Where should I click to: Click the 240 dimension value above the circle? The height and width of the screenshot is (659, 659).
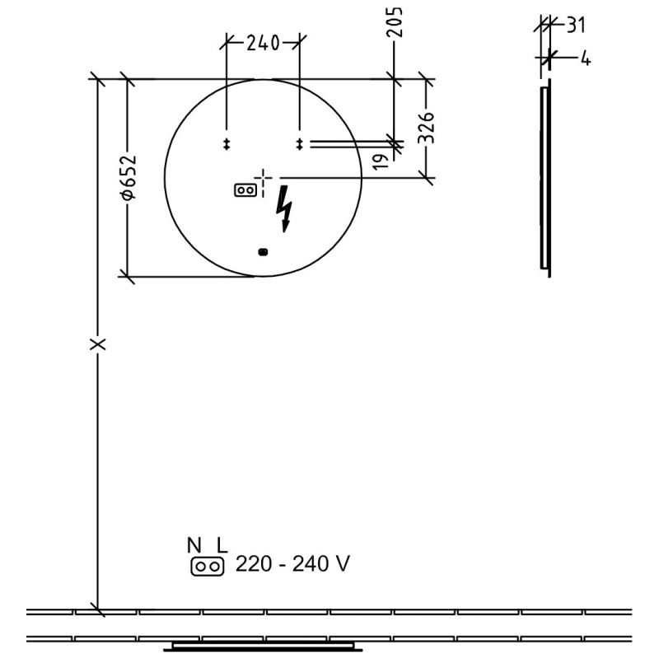click(x=263, y=43)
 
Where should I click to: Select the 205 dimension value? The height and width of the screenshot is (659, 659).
click(x=395, y=22)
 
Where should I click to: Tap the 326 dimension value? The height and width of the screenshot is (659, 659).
click(x=427, y=128)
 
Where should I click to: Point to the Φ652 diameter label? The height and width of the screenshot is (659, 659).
click(x=129, y=177)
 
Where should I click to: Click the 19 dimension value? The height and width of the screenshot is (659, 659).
click(x=381, y=161)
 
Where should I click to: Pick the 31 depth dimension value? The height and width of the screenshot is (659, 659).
click(x=576, y=26)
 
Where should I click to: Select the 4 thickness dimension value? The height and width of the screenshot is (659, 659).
click(x=586, y=58)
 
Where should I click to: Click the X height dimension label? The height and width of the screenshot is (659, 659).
click(x=98, y=344)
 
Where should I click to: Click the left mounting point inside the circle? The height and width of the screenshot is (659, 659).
click(x=227, y=144)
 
